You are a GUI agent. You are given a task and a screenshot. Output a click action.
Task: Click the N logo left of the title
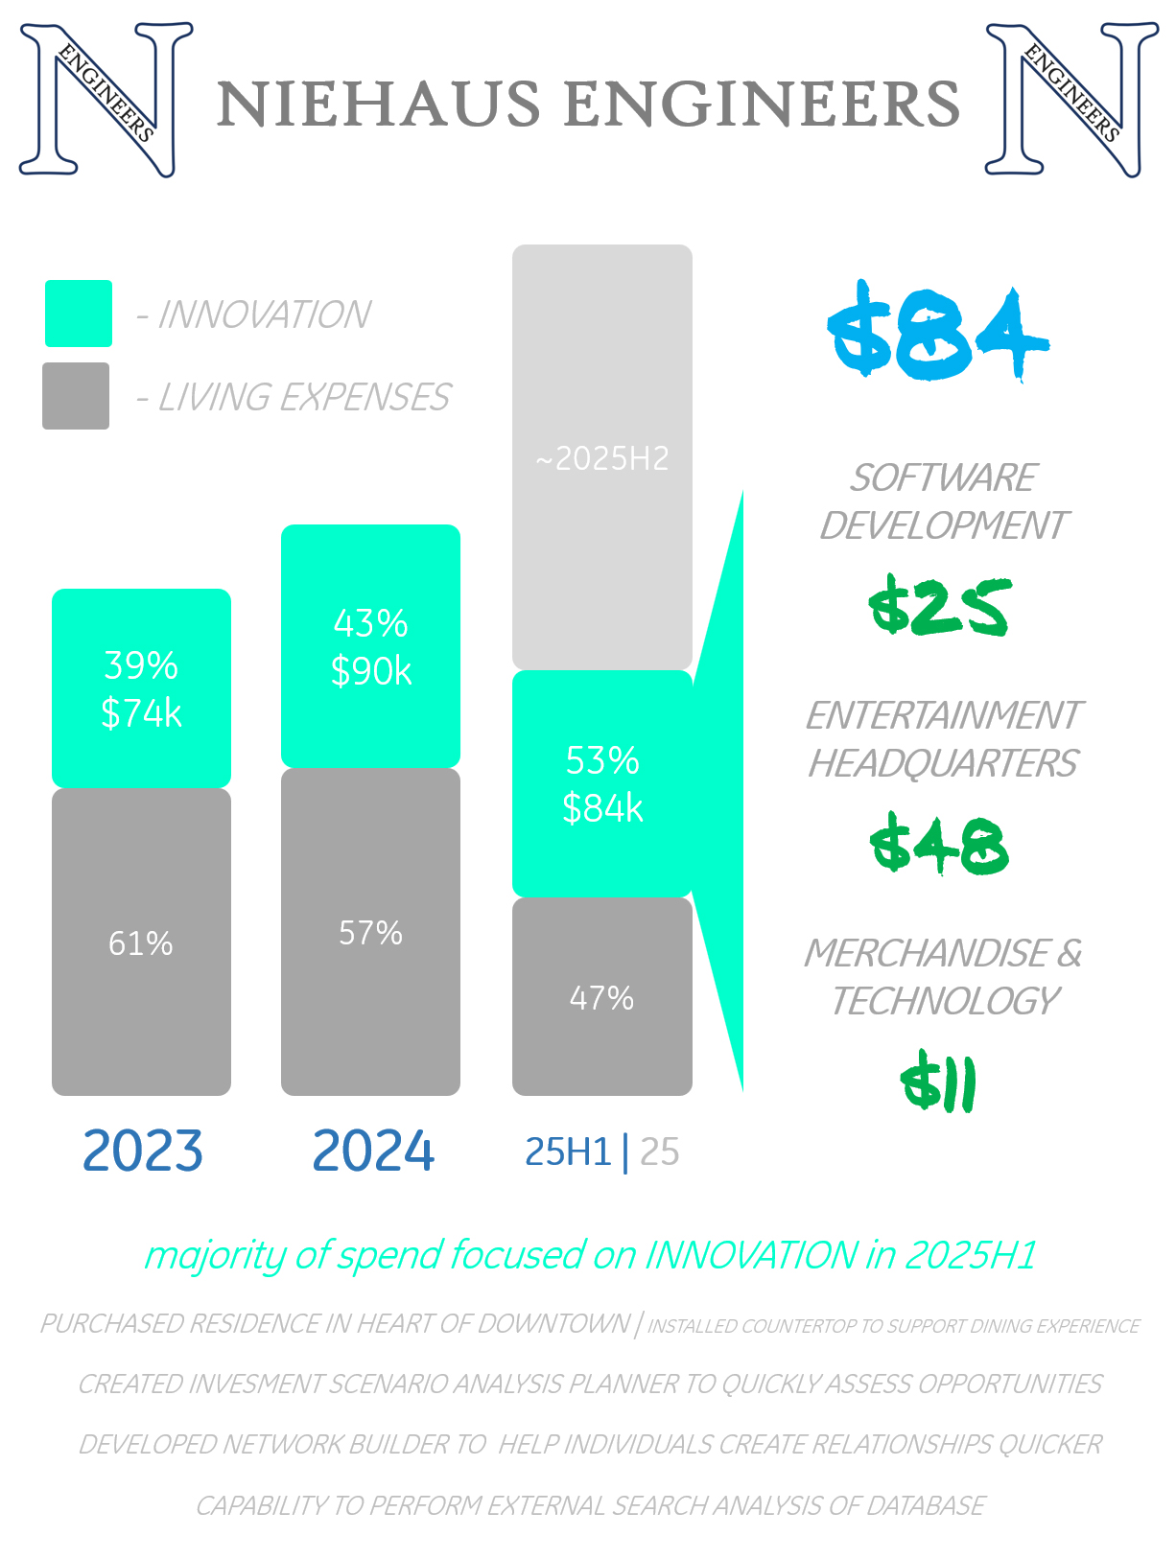[106, 100]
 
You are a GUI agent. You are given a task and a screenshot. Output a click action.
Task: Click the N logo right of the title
[1071, 100]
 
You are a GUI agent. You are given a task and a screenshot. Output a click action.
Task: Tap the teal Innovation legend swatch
[79, 314]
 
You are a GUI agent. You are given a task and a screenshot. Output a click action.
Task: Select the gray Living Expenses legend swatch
[76, 396]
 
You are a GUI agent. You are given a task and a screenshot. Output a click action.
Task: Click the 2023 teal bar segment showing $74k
[141, 688]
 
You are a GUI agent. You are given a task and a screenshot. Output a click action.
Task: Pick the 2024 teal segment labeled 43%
[370, 646]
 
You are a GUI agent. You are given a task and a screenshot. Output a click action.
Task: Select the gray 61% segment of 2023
[141, 942]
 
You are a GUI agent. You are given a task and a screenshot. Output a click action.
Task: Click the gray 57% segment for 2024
[370, 931]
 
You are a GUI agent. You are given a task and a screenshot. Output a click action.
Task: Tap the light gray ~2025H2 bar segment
[601, 457]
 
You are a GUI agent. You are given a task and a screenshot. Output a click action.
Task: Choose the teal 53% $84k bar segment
[601, 783]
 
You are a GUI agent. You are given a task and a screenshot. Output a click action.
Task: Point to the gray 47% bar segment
[601, 996]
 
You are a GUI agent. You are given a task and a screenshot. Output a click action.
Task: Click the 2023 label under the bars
[143, 1151]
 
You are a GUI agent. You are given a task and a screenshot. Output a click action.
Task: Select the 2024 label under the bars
[373, 1151]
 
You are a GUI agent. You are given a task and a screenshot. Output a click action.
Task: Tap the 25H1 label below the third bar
[568, 1152]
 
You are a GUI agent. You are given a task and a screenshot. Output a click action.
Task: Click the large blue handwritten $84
[937, 333]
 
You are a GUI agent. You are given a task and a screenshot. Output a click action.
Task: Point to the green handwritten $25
[939, 607]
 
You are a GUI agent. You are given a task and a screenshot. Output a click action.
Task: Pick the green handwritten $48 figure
[939, 845]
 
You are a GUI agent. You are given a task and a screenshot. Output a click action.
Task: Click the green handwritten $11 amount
[939, 1083]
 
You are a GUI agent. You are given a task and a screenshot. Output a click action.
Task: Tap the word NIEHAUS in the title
[379, 104]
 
